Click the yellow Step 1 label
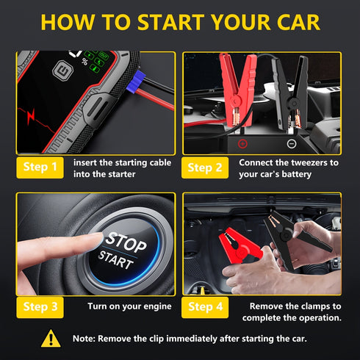pyautogui.click(x=40, y=168)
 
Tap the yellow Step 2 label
pyautogui.click(x=205, y=168)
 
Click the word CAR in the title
pyautogui.click(x=292, y=21)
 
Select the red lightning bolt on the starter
pyautogui.click(x=32, y=118)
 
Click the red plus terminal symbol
pyautogui.click(x=222, y=143)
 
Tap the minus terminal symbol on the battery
pyautogui.click(x=270, y=143)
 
